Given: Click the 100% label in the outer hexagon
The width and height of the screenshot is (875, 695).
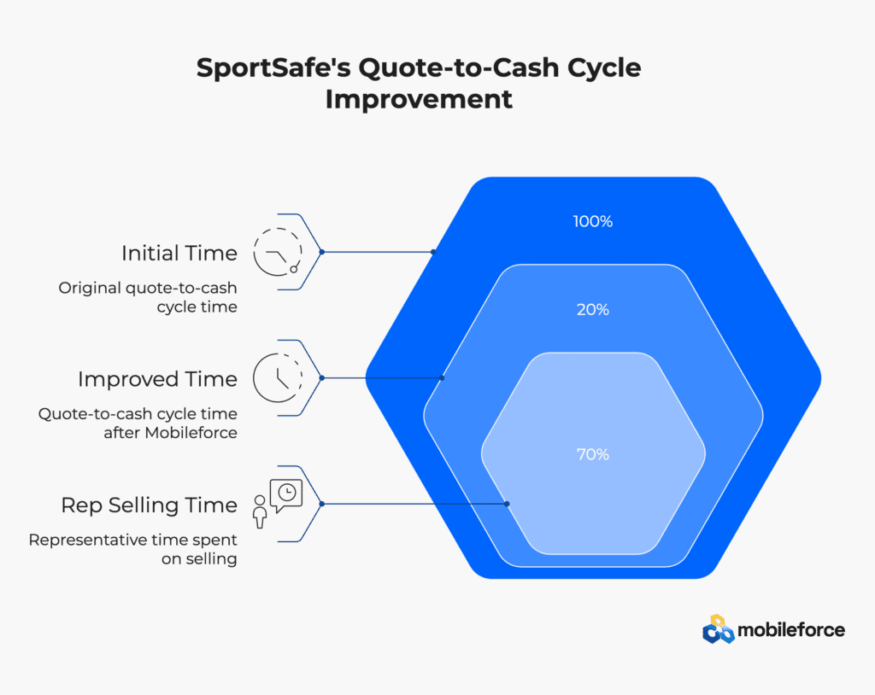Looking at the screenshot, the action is [593, 221].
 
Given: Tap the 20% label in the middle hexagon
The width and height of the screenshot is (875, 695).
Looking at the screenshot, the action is [593, 310].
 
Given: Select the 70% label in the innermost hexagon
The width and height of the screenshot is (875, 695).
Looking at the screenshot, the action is [593, 454].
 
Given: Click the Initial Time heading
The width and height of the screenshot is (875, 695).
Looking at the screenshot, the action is [179, 254].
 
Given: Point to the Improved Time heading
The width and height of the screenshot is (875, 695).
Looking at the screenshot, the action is [157, 379].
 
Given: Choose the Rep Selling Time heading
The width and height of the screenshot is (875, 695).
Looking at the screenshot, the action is [149, 505].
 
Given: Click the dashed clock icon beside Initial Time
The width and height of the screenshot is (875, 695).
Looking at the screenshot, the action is [278, 252].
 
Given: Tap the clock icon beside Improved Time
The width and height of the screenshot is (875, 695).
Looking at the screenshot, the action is [278, 377].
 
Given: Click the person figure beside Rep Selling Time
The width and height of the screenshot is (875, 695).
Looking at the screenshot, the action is [260, 511].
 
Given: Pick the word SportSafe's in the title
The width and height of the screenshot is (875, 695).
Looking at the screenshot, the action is [273, 68].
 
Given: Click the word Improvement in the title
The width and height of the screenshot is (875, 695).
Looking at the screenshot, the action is [419, 100].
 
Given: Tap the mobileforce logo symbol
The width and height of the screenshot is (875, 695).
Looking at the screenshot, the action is [718, 629].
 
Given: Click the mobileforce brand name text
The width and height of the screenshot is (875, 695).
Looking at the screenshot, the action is [791, 630].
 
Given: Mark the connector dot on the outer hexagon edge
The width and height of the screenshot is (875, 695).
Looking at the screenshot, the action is [433, 252].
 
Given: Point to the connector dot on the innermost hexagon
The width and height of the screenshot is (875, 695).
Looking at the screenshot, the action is [507, 504].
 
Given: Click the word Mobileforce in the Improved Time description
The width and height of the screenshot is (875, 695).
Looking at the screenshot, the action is [191, 433].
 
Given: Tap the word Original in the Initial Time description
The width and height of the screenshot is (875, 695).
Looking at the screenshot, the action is [90, 289].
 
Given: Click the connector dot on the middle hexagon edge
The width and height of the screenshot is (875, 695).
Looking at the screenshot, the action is [442, 378].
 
